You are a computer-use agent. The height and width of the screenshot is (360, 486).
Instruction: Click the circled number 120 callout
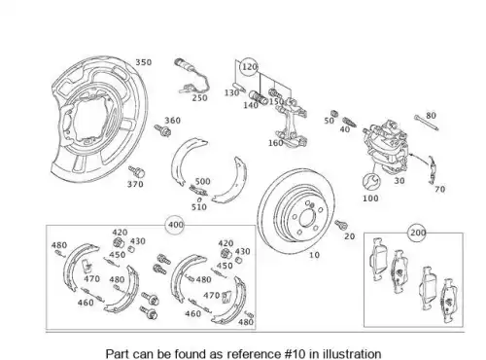click(x=249, y=67)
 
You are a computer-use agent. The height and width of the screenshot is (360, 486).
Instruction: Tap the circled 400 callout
click(x=175, y=225)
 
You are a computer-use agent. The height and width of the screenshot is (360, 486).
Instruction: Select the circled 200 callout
click(x=418, y=233)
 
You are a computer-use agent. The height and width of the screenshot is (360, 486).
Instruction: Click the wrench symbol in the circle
click(x=371, y=182)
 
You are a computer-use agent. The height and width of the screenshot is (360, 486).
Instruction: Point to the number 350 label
click(x=143, y=62)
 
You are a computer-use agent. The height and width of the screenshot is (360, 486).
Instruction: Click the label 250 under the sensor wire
click(x=199, y=98)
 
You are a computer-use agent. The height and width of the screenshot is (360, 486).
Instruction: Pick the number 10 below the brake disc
click(x=314, y=255)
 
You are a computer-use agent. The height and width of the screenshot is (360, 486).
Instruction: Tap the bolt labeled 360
click(x=163, y=130)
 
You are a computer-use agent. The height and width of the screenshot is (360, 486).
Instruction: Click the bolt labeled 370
click(x=137, y=171)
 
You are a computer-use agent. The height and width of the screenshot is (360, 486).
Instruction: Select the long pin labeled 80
click(x=426, y=123)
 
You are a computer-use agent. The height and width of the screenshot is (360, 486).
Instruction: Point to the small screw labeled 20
click(x=341, y=225)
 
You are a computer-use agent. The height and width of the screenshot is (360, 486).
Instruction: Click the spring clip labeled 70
click(x=432, y=169)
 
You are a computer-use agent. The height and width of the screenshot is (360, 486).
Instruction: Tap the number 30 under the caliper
click(x=399, y=181)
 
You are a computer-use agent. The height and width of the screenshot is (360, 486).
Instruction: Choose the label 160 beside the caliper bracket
click(x=276, y=143)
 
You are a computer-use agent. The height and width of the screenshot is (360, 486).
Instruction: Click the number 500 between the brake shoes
click(x=203, y=181)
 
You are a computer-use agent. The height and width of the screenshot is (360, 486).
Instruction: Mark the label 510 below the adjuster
click(x=199, y=207)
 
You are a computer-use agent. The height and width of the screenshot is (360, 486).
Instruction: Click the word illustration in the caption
click(x=353, y=353)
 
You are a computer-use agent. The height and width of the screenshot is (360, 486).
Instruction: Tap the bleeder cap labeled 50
click(x=333, y=114)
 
